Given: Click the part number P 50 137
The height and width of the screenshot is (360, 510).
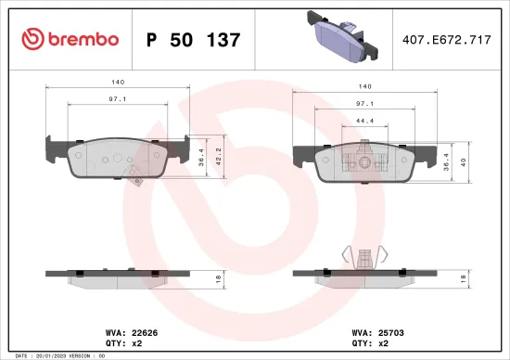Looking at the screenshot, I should (194, 40).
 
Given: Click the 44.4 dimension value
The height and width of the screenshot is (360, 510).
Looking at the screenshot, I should (363, 121).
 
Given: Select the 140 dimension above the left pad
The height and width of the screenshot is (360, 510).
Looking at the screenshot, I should (118, 82).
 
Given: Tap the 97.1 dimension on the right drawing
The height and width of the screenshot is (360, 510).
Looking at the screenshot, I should (363, 105).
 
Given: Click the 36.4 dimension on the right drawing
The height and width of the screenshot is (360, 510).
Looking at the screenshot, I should (448, 161).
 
